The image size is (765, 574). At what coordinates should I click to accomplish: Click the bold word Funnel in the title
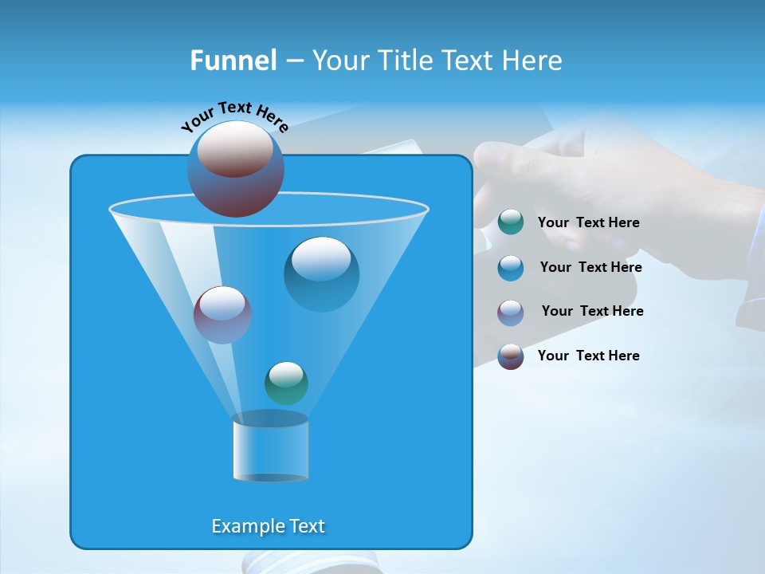coord(233,61)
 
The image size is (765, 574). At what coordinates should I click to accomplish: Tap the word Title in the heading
coord(403,61)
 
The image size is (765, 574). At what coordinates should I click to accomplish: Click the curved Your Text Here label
coord(234,116)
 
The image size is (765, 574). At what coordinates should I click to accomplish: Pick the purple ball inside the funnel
coord(222,315)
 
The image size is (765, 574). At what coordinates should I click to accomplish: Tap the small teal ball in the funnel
coord(286,383)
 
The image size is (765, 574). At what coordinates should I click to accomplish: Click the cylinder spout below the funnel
coord(270,448)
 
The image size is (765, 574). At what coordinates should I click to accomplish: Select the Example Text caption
coord(269,526)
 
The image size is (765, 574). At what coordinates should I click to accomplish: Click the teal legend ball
coord(511,222)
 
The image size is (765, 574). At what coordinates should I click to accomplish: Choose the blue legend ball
coord(511,268)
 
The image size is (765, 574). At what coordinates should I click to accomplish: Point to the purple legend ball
coord(511,312)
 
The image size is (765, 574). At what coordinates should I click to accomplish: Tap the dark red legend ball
coord(511,356)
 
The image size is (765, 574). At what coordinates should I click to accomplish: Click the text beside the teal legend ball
coord(588,223)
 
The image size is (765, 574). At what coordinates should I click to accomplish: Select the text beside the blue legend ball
coord(590,268)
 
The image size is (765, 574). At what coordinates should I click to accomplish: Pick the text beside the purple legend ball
coord(592,312)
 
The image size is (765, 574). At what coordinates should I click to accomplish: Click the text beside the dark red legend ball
coord(588,356)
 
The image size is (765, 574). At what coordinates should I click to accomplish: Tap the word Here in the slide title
coord(533,61)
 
